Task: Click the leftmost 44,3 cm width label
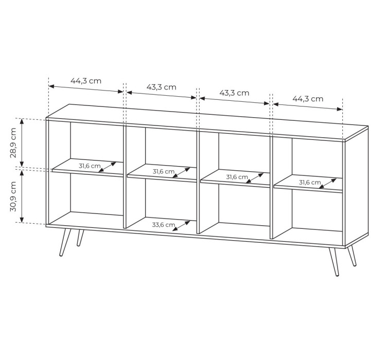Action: click(x=86, y=81)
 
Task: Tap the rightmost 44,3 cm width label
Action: click(x=308, y=99)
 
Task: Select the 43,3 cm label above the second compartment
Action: click(x=162, y=87)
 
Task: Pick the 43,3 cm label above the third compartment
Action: click(x=234, y=93)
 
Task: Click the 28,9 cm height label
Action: click(x=13, y=143)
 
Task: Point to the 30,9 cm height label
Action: click(x=13, y=196)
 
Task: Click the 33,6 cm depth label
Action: click(x=163, y=225)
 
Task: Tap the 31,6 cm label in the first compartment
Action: click(x=90, y=166)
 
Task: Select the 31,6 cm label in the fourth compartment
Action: click(x=310, y=182)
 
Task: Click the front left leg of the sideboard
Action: click(x=65, y=242)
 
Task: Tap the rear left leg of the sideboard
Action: click(x=80, y=238)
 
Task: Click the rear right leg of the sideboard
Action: click(x=352, y=256)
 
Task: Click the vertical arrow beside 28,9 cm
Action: click(x=22, y=142)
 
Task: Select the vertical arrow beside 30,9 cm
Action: click(x=22, y=196)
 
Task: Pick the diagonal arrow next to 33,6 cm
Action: click(x=181, y=226)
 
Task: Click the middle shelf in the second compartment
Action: click(x=162, y=173)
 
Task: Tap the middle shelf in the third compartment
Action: click(x=235, y=178)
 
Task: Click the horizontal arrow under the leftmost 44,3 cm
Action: click(x=86, y=89)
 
